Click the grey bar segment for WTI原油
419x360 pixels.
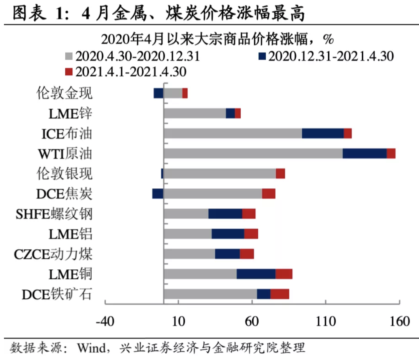(x=253, y=153)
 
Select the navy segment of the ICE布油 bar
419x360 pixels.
(x=323, y=133)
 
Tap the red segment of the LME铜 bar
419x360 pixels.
(x=284, y=274)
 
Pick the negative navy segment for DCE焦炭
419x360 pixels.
(x=158, y=193)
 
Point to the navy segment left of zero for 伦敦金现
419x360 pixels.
(x=159, y=93)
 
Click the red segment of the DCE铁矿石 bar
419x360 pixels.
(x=280, y=294)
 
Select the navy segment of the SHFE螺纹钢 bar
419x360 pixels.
(x=225, y=214)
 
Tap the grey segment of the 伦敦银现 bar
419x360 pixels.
(x=219, y=173)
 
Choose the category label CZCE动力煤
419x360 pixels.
(x=53, y=254)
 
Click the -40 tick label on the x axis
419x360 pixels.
(x=105, y=322)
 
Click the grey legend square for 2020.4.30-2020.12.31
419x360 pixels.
(x=70, y=56)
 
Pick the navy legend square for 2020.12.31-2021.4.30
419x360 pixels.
(x=262, y=56)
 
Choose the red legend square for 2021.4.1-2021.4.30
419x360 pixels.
(x=70, y=71)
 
